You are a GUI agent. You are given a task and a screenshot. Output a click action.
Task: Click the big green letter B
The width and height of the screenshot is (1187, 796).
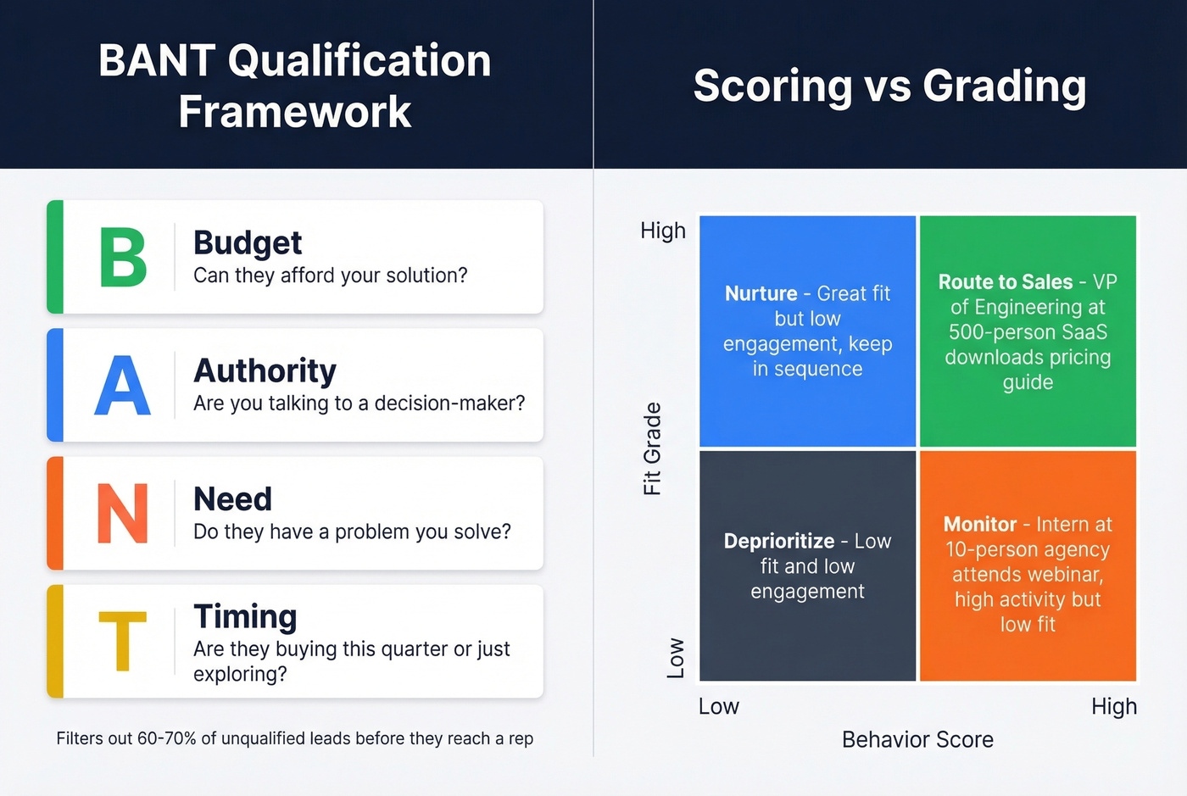tap(123, 257)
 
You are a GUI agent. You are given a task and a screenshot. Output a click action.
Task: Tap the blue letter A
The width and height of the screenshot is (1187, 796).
tap(123, 386)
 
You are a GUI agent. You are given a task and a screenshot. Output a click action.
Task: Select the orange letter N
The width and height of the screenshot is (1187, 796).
tap(123, 514)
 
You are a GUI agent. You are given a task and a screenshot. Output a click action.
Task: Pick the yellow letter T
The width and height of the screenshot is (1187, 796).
tap(123, 642)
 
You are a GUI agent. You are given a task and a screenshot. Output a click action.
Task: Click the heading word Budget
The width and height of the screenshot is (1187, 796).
tap(247, 243)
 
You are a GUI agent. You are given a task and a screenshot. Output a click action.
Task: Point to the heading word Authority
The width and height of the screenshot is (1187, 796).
tap(265, 371)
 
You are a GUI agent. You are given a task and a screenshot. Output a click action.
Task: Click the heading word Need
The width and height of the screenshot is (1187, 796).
tap(232, 499)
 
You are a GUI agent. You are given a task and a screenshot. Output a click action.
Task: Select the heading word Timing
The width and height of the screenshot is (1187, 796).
tap(245, 617)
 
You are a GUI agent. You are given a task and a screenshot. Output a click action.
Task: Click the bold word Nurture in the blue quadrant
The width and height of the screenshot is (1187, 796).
tap(761, 293)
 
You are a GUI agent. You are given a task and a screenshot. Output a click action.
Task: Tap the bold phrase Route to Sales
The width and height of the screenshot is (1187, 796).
tap(1005, 281)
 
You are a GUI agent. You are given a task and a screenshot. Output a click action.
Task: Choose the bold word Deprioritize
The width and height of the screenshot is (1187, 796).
tap(778, 541)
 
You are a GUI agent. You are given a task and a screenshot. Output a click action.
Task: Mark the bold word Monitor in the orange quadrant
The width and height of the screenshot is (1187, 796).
tap(979, 524)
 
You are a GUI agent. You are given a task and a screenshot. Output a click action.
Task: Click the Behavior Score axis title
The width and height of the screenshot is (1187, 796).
tap(917, 739)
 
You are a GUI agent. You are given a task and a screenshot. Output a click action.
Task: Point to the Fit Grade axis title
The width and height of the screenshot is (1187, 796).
tap(652, 448)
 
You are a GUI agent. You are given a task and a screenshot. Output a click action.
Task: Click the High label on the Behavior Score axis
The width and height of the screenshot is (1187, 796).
tap(1113, 706)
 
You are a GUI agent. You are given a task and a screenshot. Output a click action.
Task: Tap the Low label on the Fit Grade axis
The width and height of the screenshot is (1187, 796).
tap(676, 658)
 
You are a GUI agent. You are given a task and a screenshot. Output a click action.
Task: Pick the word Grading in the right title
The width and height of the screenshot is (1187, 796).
tap(1004, 86)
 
